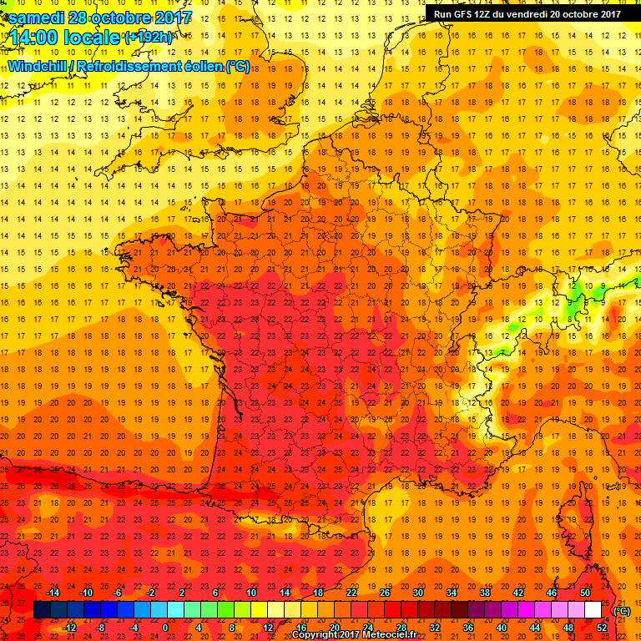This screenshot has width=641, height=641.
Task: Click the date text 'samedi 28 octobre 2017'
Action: coord(99,17)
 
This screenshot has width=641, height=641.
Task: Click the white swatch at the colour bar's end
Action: coord(593,610)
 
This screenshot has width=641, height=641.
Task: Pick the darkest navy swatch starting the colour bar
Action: coord(42,610)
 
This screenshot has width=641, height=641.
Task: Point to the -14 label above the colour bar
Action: coord(53,593)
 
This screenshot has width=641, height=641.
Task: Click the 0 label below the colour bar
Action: coord(165,628)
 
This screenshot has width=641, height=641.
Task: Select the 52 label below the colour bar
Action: coord(602,628)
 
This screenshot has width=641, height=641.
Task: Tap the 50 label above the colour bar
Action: coord(585,593)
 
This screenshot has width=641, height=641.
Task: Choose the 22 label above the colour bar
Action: coord(351,593)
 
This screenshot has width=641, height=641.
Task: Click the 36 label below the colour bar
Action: coord(468,628)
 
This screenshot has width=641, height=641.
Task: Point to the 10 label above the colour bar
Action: coord(251,593)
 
